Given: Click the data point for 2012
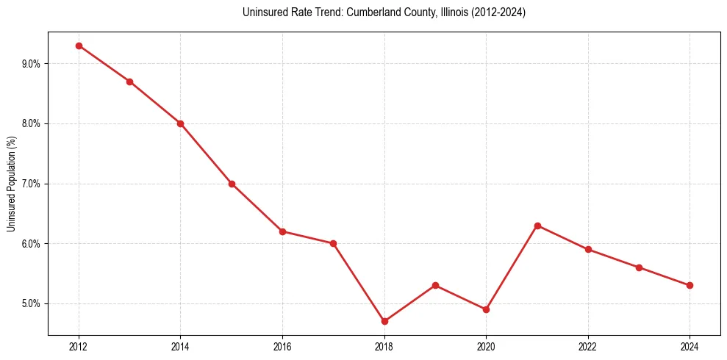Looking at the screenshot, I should pyautogui.click(x=79, y=46).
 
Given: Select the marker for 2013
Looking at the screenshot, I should pyautogui.click(x=129, y=82).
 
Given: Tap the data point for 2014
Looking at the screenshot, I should pyautogui.click(x=180, y=123).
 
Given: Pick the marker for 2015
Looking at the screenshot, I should pyautogui.click(x=232, y=184).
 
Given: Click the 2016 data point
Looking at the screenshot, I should pyautogui.click(x=282, y=231).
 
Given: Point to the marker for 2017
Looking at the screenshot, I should pyautogui.click(x=333, y=243).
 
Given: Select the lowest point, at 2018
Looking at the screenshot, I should pyautogui.click(x=384, y=321).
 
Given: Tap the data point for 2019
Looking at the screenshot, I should pyautogui.click(x=435, y=285).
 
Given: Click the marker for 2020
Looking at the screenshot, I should pyautogui.click(x=486, y=309).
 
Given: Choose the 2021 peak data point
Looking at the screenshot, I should pyautogui.click(x=537, y=226).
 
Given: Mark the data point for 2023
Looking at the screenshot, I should pyautogui.click(x=639, y=267).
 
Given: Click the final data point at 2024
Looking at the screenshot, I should pyautogui.click(x=690, y=285).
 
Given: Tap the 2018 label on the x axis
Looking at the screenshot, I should pyautogui.click(x=384, y=346).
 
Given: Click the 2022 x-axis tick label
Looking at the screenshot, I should pyautogui.click(x=588, y=346).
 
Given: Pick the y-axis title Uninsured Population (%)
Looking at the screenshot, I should pyautogui.click(x=12, y=184).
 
